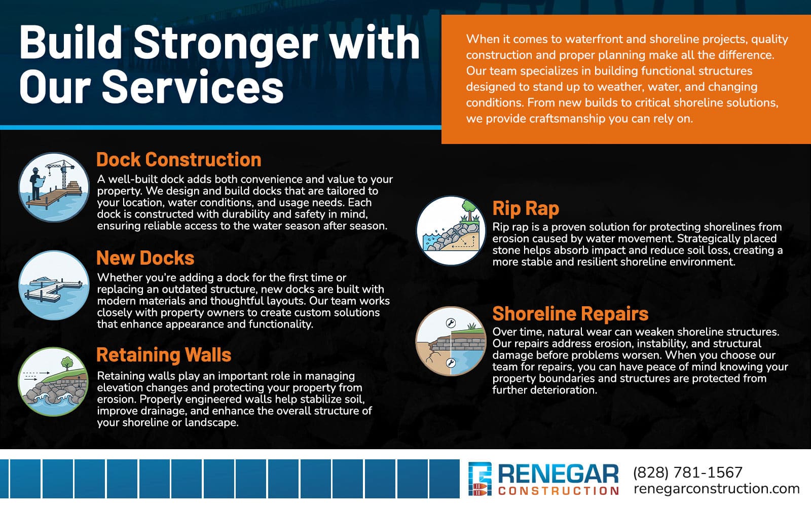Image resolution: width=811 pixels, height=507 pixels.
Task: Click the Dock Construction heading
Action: [178, 160]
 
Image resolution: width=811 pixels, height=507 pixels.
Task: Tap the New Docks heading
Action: [145, 258]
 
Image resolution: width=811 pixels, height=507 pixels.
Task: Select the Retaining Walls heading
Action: [163, 355]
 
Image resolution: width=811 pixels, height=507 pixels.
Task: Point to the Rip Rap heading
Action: [526, 208]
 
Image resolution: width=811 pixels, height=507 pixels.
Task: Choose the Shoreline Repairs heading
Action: [570, 314]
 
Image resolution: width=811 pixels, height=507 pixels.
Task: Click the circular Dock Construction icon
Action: [54, 187]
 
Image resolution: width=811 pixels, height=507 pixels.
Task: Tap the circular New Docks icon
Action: [54, 285]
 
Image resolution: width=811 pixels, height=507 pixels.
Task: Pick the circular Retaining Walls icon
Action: [54, 382]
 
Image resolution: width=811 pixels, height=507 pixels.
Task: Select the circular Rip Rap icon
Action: [451, 230]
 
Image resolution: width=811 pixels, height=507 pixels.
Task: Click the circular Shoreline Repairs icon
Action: [451, 341]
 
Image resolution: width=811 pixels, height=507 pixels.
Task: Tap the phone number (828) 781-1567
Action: [687, 473]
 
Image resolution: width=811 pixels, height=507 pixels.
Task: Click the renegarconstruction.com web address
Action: [716, 489]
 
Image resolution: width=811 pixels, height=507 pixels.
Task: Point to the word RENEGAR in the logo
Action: [558, 475]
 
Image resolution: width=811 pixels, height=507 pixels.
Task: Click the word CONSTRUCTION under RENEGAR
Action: [558, 491]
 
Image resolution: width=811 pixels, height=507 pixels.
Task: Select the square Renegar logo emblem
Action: [480, 480]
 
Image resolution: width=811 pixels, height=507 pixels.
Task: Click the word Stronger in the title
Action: [225, 43]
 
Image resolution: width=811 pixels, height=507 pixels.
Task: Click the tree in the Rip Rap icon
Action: [469, 209]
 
